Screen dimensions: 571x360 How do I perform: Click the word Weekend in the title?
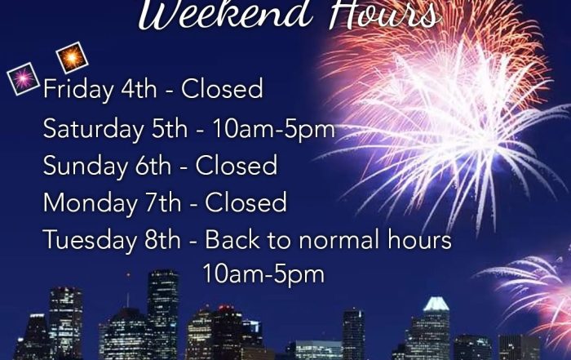pyautogui.click(x=225, y=14)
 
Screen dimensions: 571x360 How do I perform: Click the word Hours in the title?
pyautogui.click(x=385, y=14)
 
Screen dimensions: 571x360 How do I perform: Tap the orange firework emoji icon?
pyautogui.click(x=72, y=58)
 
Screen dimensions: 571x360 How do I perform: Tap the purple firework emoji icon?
pyautogui.click(x=23, y=78)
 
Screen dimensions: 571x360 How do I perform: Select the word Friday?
pyautogui.click(x=78, y=90)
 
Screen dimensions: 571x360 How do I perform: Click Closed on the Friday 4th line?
pyautogui.click(x=222, y=88)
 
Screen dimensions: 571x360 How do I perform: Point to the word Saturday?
pyautogui.click(x=93, y=129)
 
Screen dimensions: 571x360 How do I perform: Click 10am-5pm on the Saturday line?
pyautogui.click(x=273, y=130)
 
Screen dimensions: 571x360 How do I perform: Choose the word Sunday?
pyautogui.click(x=85, y=167)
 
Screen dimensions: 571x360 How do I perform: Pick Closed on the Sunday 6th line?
pyautogui.click(x=237, y=165)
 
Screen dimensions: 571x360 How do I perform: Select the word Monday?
pyautogui.click(x=90, y=203)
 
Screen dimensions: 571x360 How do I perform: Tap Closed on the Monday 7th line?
pyautogui.click(x=246, y=202)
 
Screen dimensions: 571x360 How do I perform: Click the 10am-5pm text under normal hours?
pyautogui.click(x=263, y=274)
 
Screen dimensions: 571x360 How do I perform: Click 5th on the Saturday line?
pyautogui.click(x=170, y=129)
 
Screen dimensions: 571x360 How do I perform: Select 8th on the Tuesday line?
pyautogui.click(x=162, y=239)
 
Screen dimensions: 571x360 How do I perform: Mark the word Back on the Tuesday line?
pyautogui.click(x=232, y=239)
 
